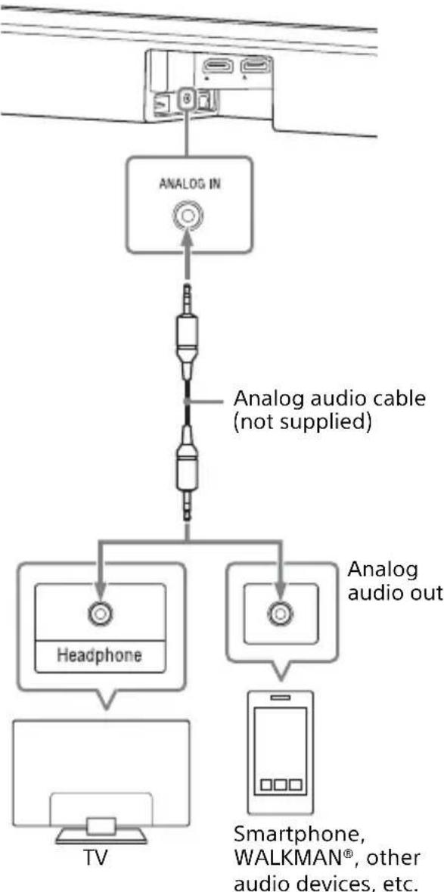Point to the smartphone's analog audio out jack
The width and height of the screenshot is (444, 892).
click(x=281, y=612)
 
